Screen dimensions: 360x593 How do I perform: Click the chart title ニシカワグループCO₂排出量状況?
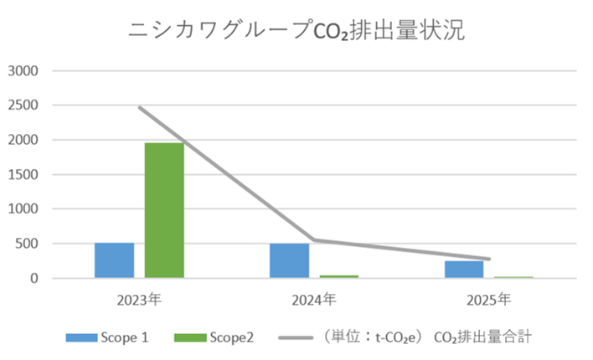pyautogui.click(x=296, y=31)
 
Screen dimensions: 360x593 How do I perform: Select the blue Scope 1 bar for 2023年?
pyautogui.click(x=114, y=260)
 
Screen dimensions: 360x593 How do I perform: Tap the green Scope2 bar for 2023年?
pyautogui.click(x=164, y=210)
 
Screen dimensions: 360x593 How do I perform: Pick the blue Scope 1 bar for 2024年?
pyautogui.click(x=289, y=260)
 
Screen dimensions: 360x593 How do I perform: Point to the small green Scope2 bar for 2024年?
pyautogui.click(x=338, y=276)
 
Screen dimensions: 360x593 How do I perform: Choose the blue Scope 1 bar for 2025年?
pyautogui.click(x=463, y=270)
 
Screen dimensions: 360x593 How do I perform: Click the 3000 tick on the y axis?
pyautogui.click(x=24, y=71)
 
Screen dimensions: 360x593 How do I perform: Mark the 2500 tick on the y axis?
pyautogui.click(x=24, y=105)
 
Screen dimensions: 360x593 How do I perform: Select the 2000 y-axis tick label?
pyautogui.click(x=24, y=140)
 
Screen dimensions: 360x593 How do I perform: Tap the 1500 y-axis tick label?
pyautogui.click(x=24, y=174)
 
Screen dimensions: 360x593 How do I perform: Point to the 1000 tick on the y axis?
pyautogui.click(x=24, y=209)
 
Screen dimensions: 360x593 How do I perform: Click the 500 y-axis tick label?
pyautogui.click(x=28, y=244)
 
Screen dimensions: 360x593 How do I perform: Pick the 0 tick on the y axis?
pyautogui.click(x=36, y=278)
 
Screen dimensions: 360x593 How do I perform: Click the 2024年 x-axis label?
pyautogui.click(x=314, y=298)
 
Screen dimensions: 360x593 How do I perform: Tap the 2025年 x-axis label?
pyautogui.click(x=488, y=298)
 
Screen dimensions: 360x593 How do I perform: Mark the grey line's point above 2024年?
pyautogui.click(x=314, y=240)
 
